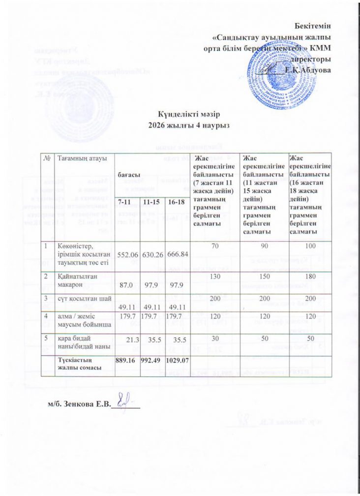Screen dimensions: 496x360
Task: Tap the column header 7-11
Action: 127,217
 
